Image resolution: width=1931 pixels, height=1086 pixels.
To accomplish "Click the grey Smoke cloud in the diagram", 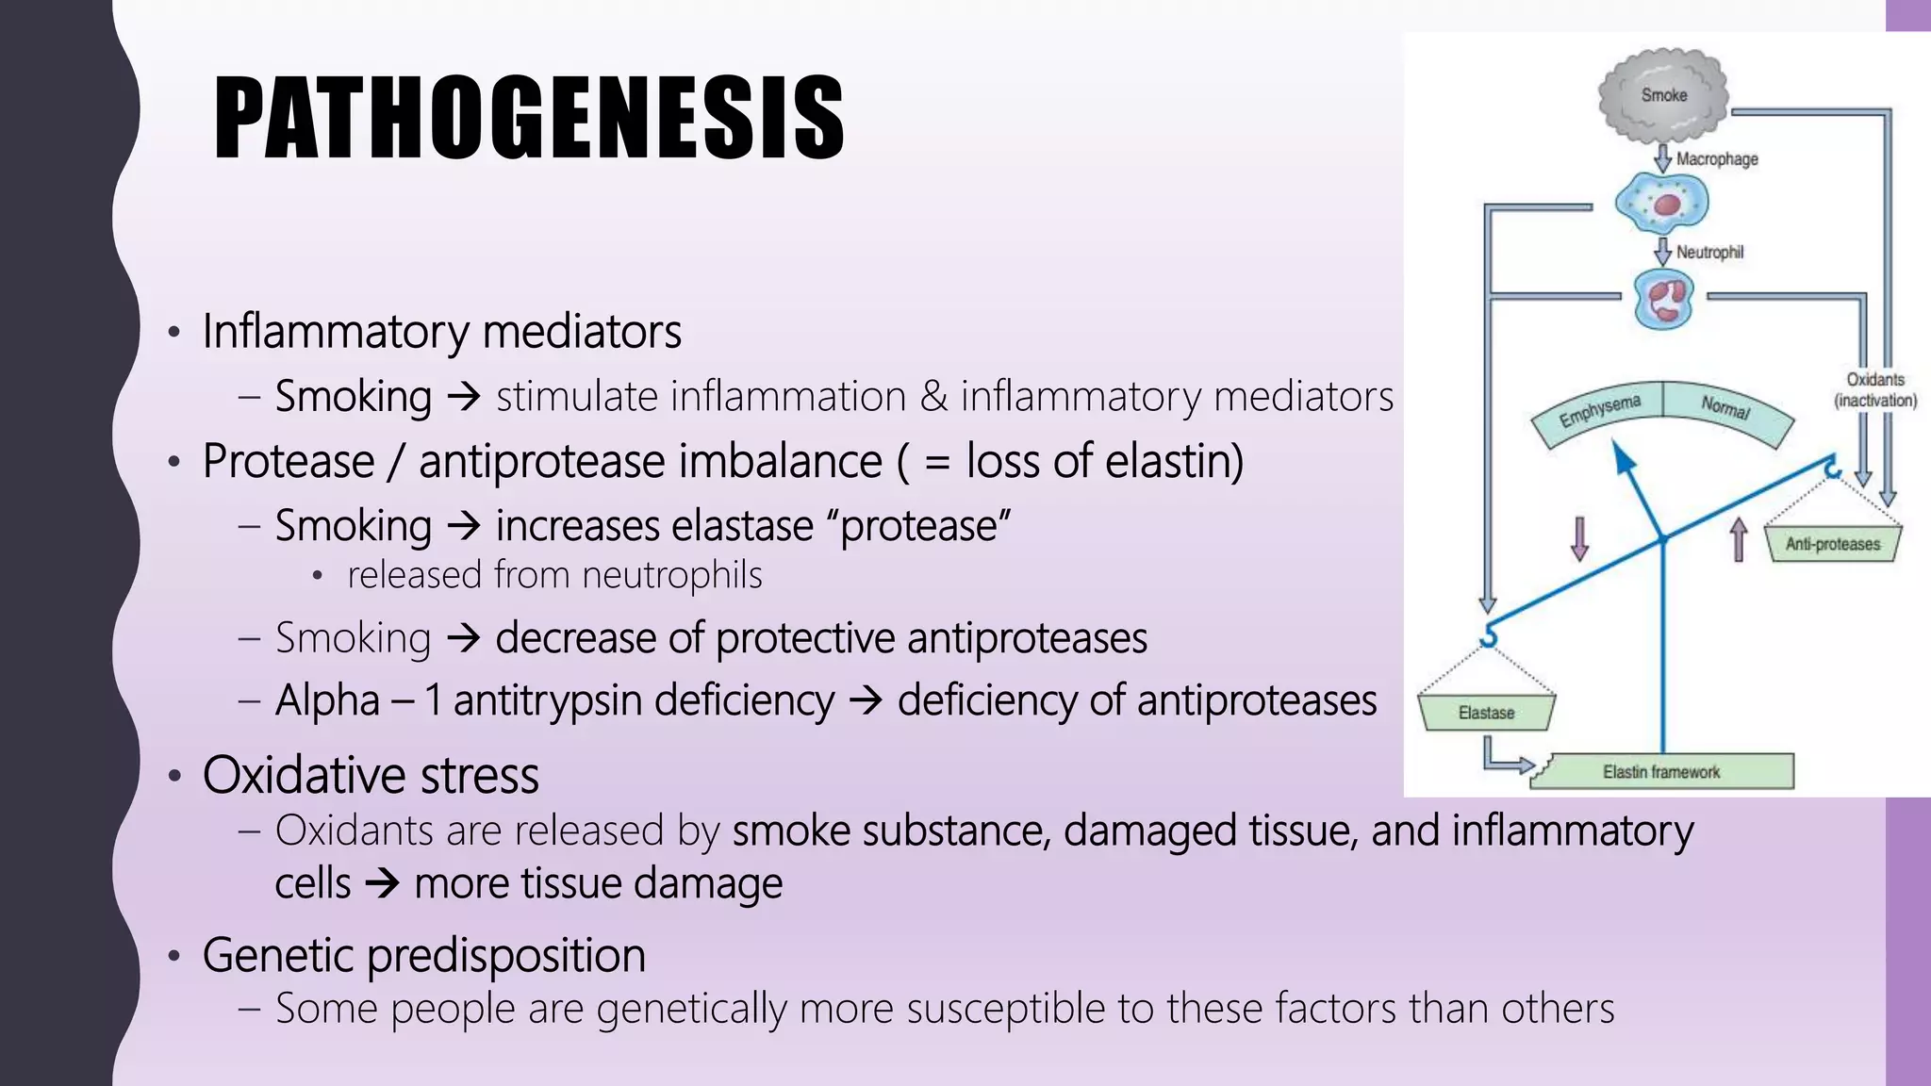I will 1663,95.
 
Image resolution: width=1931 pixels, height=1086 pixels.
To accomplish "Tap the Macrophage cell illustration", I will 1661,203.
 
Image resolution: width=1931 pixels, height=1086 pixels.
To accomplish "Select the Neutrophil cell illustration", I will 1663,300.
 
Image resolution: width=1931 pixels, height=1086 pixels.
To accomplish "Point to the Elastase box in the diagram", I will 1486,713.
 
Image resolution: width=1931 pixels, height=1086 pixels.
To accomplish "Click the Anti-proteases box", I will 1832,544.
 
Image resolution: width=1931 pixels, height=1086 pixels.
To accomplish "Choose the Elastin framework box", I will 1661,772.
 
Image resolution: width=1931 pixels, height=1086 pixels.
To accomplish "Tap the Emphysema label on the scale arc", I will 1599,411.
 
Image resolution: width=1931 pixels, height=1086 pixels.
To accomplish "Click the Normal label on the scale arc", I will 1725,407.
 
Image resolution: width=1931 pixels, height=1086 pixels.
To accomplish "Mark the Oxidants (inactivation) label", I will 1874,389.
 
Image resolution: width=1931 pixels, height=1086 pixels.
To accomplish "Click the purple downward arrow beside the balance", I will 1579,538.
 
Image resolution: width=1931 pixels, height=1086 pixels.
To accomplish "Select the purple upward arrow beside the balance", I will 1739,540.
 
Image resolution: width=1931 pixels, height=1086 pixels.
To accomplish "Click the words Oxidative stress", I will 371,776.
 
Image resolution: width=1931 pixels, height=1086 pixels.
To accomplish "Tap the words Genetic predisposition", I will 423,955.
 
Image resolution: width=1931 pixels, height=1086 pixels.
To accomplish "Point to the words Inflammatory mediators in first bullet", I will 441,332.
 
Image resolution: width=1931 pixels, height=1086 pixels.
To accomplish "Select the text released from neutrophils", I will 554,575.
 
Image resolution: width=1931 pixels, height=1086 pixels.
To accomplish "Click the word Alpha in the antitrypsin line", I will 327,700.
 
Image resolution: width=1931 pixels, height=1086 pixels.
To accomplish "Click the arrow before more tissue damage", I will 382,884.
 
